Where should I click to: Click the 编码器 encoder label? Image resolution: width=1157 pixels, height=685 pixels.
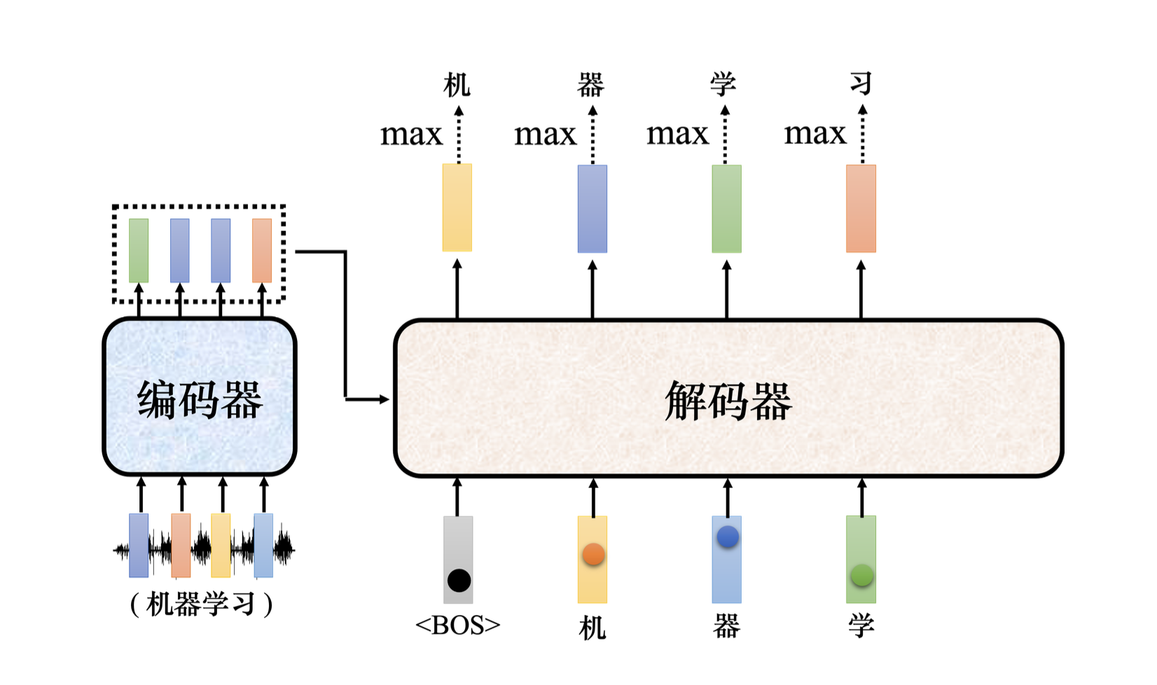tap(200, 400)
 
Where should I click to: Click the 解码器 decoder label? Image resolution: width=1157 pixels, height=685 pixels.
tap(728, 401)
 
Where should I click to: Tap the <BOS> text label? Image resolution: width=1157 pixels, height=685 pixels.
tap(458, 625)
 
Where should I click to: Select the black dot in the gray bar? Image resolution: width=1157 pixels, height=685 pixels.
tap(459, 580)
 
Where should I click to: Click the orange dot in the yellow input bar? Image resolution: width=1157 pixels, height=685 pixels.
tap(593, 554)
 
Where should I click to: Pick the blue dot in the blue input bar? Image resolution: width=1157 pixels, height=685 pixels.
tap(728, 537)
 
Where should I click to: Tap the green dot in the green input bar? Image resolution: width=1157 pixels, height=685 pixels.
tap(861, 576)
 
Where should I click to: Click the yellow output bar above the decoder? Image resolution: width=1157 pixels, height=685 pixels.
tap(457, 207)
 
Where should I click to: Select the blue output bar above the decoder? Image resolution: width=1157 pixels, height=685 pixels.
tap(593, 209)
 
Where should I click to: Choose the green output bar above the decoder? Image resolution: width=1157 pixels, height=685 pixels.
tap(726, 209)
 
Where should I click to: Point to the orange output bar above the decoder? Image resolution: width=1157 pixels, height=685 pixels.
tap(861, 209)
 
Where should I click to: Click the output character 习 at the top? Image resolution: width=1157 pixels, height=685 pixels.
tap(861, 83)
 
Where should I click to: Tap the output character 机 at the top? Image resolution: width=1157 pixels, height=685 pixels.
tap(457, 85)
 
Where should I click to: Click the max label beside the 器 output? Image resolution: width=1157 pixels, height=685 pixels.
tap(545, 134)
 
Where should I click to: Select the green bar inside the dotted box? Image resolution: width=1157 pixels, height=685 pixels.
tap(139, 250)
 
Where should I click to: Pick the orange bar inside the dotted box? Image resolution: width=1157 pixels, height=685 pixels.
tap(262, 250)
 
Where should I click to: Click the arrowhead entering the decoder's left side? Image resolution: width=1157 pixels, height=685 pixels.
tap(384, 399)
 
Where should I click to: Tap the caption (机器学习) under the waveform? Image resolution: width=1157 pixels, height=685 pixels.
tap(201, 604)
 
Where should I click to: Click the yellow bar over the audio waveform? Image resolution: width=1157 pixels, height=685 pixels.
tap(221, 545)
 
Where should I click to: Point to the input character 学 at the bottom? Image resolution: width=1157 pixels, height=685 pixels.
tap(861, 625)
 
